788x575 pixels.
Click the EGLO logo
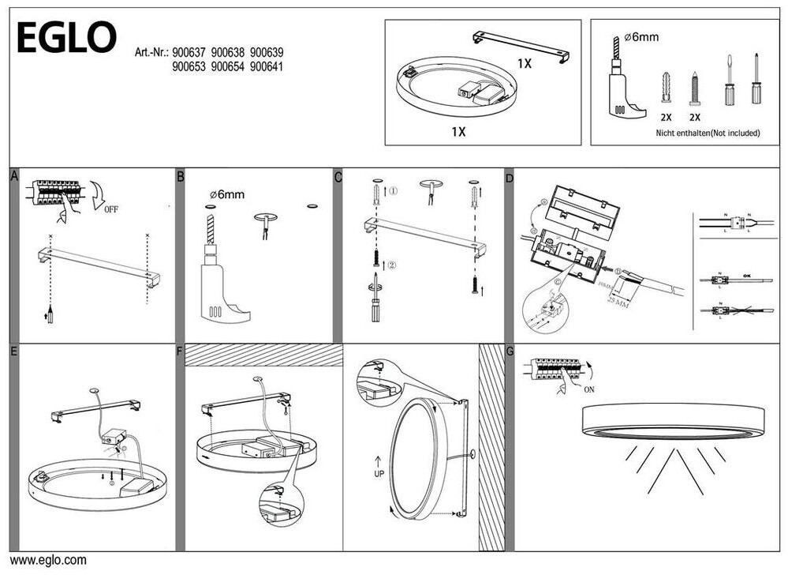(66, 37)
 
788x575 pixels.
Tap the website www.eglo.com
(48, 561)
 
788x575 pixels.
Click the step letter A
(14, 176)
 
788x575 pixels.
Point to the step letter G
(510, 351)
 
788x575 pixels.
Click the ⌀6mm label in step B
(227, 194)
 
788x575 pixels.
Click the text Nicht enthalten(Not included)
(708, 133)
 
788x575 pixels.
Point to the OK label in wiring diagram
(746, 276)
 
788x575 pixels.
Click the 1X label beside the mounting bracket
(524, 63)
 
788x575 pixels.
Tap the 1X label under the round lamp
(458, 132)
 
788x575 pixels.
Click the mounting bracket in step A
(99, 266)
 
